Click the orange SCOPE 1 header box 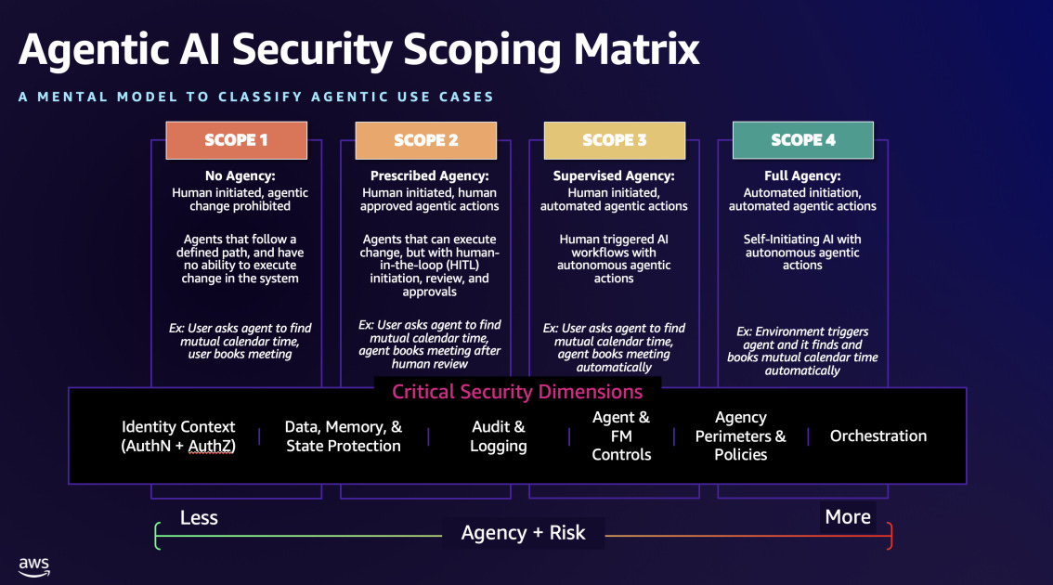tap(236, 140)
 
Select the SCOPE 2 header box tap(425, 140)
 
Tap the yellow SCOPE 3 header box tap(614, 140)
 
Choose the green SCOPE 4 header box tap(802, 140)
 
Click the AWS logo tap(34, 565)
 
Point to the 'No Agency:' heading tap(240, 175)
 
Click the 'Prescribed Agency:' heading tap(429, 175)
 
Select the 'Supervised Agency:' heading tap(614, 175)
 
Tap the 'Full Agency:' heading tap(802, 175)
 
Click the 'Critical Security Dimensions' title tap(517, 392)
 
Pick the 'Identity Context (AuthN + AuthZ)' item tap(178, 436)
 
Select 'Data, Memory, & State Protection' tap(344, 436)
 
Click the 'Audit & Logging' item tap(499, 436)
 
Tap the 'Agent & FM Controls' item tap(621, 436)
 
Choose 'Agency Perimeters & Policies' tap(740, 436)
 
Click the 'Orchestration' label tap(877, 436)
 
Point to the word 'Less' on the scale tap(199, 517)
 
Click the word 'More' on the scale tap(848, 517)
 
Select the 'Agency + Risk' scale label tap(524, 533)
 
